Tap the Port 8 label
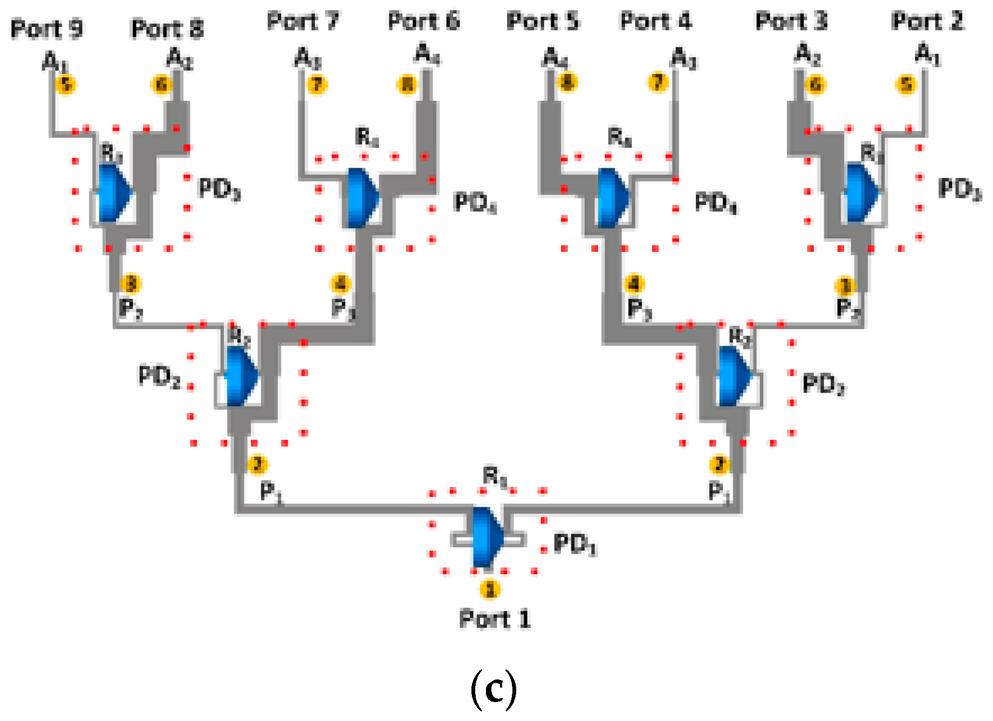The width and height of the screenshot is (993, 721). [x=167, y=29]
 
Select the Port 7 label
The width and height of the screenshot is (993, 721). [x=303, y=22]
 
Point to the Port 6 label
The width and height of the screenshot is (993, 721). [x=424, y=22]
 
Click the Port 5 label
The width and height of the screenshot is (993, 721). [x=543, y=22]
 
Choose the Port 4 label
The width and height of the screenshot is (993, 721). [x=656, y=22]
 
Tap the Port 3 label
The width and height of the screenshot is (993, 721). [x=791, y=22]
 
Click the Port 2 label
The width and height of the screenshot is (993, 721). [x=927, y=22]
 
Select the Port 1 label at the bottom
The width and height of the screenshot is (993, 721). [x=495, y=619]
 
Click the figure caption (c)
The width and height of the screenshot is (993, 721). [x=494, y=689]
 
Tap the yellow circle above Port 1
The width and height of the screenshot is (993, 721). [x=490, y=589]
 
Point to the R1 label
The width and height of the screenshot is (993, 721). [x=495, y=477]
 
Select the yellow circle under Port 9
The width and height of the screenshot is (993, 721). [x=66, y=85]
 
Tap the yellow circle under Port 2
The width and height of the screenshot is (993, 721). [x=906, y=85]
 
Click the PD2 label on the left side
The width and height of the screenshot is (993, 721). [x=159, y=376]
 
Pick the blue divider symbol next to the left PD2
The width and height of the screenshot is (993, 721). [x=241, y=376]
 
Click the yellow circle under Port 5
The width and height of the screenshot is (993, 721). [x=567, y=83]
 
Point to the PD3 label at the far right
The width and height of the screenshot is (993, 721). [x=960, y=189]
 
